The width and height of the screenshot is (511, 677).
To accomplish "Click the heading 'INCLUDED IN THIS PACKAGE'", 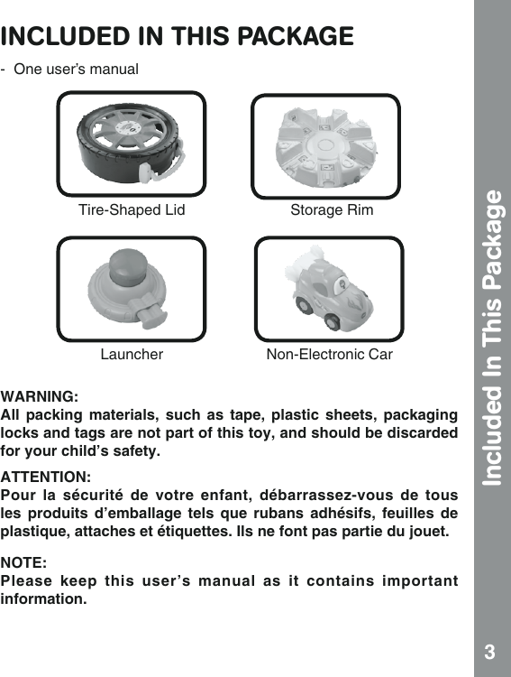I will pos(178,36).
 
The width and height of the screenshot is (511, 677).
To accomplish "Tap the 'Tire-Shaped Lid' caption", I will pos(132,211).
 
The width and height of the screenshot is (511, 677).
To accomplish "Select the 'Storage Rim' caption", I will pos(332,211).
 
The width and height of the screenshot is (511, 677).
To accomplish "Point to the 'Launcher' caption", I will pos(132,355).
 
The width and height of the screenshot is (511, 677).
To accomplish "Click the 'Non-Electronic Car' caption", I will pos(330,355).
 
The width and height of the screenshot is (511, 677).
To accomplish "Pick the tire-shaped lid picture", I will pos(131,144).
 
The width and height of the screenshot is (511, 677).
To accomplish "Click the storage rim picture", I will pos(325,145).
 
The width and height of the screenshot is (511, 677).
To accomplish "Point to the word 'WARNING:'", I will pos(39,396).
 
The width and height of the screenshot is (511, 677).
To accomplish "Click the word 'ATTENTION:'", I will pos(45,476).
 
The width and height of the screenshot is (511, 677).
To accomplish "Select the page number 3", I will pos(488,652).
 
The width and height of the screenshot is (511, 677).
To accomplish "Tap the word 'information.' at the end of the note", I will pos(44,598).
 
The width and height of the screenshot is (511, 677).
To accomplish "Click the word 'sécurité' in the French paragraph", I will pos(121,496).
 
